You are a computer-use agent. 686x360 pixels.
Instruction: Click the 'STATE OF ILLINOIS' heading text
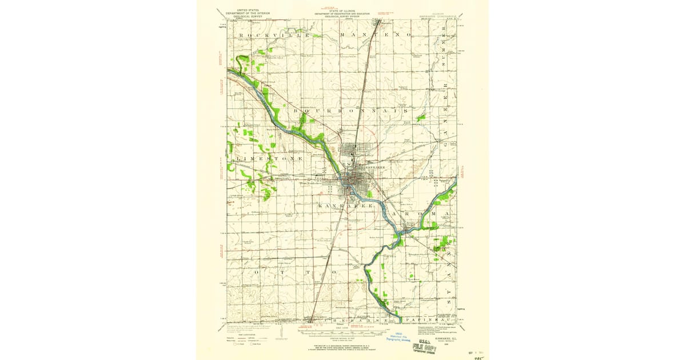[x=342, y=10]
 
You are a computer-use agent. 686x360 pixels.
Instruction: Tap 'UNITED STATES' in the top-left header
[x=242, y=10]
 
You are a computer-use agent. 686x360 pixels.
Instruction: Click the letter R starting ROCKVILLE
[x=242, y=35]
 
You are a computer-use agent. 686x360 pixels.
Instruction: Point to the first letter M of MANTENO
[x=343, y=35]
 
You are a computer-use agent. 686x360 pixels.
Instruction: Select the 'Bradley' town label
[x=366, y=154]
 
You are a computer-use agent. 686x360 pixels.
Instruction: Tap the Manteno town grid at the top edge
[x=377, y=23]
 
